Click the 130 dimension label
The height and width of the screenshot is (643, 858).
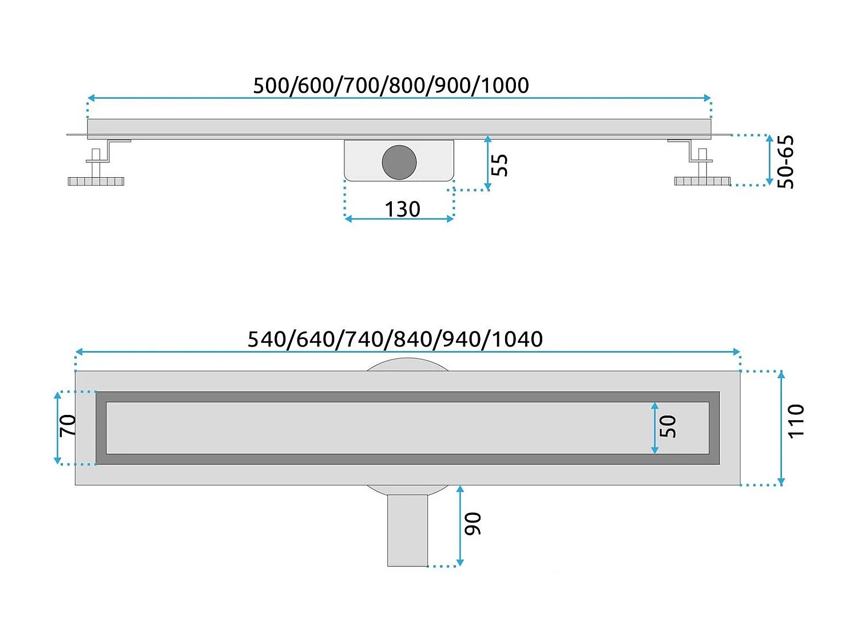402,209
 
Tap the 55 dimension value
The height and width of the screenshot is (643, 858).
499,165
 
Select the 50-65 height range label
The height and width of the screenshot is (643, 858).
786,162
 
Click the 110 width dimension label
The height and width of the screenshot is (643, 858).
796,421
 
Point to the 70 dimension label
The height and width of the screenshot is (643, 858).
68,426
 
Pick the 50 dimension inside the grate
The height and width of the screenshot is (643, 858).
668,426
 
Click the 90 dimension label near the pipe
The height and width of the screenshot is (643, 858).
472,524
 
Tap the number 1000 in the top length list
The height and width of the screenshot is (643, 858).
505,86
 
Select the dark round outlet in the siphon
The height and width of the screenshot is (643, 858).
399,162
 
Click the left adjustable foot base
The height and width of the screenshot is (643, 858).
96,181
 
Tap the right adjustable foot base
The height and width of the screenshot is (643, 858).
702,181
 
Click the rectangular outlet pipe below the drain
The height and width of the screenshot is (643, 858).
407,530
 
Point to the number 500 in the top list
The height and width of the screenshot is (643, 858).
273,86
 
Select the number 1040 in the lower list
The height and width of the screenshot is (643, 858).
518,340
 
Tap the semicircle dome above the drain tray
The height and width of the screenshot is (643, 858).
407,365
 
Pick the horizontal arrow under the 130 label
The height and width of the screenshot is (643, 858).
399,219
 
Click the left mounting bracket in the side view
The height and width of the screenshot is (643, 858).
109,150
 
